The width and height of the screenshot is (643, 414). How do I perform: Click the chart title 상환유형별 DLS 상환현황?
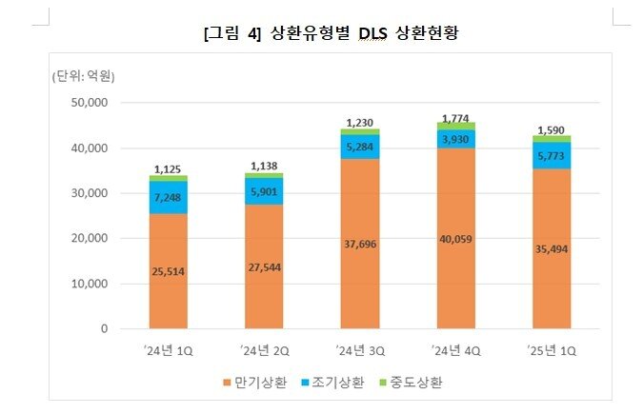pos(331,34)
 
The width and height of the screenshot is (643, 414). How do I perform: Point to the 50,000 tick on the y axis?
pos(89,103)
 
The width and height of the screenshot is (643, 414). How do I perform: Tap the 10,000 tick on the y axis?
pos(89,284)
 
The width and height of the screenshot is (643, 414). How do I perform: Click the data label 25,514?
pos(168,271)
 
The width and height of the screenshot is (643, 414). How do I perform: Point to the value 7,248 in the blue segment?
pos(168,197)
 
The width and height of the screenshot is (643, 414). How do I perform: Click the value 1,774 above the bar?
pos(455,116)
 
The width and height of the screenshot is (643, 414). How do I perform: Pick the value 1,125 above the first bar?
pos(168,168)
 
